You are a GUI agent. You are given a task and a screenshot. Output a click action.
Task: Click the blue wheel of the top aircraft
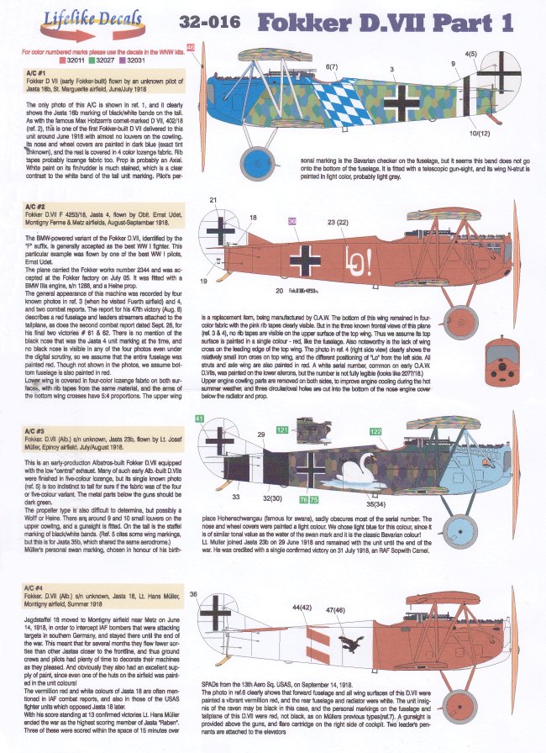[278, 158]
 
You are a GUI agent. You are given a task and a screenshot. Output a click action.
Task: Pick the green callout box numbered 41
[198, 418]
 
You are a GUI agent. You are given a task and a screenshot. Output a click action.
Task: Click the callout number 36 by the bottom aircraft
[193, 595]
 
